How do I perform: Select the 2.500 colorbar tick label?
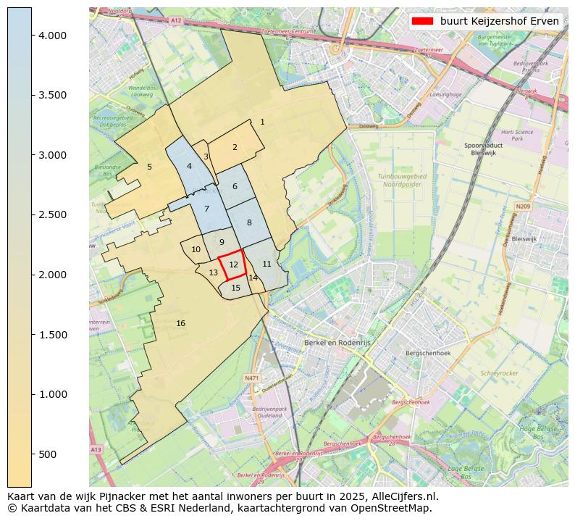pyautogui.click(x=52, y=215)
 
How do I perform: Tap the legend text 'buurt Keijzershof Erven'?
pyautogui.click(x=499, y=21)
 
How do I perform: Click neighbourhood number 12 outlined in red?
pyautogui.click(x=233, y=265)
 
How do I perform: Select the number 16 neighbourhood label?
pyautogui.click(x=180, y=323)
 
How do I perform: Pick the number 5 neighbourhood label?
pyautogui.click(x=149, y=167)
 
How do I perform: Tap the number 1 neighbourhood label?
pyautogui.click(x=262, y=122)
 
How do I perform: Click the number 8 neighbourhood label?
pyautogui.click(x=249, y=222)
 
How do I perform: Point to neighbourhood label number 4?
pyautogui.click(x=189, y=166)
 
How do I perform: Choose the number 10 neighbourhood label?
pyautogui.click(x=196, y=249)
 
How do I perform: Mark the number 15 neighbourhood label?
pyautogui.click(x=235, y=288)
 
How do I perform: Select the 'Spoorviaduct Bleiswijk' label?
pyautogui.click(x=483, y=149)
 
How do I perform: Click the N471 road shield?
pyautogui.click(x=251, y=378)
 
